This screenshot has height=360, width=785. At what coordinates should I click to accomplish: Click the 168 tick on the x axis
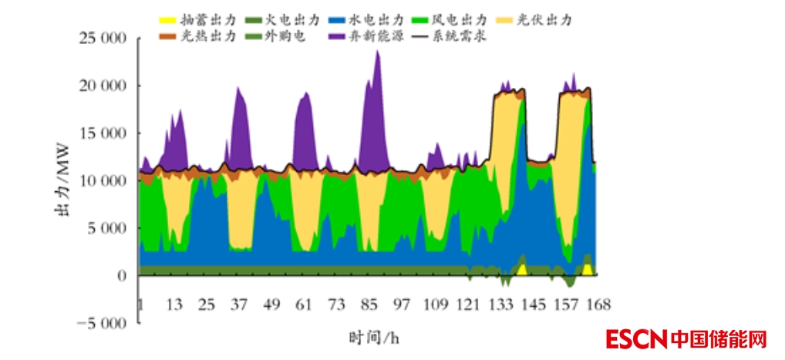click(x=598, y=304)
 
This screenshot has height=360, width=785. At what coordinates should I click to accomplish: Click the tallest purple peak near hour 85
click(x=377, y=52)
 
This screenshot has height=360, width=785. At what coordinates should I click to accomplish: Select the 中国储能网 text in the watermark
click(x=719, y=339)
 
